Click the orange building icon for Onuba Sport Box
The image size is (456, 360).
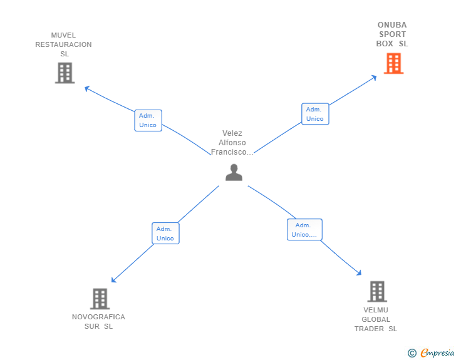point(393,63)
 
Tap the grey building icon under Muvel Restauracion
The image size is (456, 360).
point(65,73)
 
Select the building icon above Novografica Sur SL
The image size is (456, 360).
point(100,299)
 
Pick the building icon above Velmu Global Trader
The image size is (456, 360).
point(376,292)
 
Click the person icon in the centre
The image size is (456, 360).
point(234,172)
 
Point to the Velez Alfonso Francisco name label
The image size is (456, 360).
point(232,143)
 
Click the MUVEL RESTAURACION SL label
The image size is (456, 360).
point(63,44)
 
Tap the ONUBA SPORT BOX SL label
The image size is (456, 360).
point(392,34)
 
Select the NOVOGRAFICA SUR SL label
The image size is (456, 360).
point(98,321)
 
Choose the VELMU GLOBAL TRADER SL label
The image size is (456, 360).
point(376,319)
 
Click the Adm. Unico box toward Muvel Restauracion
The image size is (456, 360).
point(148,120)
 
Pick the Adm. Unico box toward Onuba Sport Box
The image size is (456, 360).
point(314,114)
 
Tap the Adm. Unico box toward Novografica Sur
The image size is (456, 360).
point(165,234)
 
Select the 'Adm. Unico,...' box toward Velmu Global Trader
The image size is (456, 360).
point(304,230)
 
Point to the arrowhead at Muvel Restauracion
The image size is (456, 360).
point(87,88)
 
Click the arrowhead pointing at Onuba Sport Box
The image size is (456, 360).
point(374,77)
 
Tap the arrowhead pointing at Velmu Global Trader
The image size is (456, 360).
point(360,273)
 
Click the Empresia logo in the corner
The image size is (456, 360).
point(437,352)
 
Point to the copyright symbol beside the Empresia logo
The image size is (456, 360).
point(412,353)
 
